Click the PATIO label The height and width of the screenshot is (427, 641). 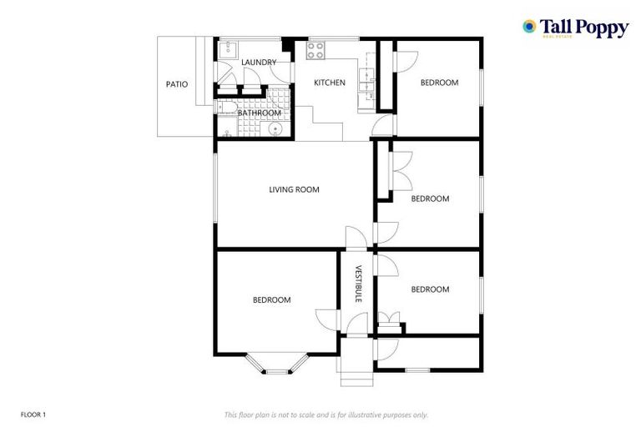(x=176, y=84)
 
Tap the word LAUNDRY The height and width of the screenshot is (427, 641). (x=259, y=63)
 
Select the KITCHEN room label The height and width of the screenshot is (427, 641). (x=329, y=83)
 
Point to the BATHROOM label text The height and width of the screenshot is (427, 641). (x=259, y=113)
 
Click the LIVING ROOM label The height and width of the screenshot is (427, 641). (x=294, y=189)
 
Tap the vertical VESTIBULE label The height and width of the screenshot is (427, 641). (x=357, y=284)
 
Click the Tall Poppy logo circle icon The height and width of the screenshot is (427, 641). (x=529, y=27)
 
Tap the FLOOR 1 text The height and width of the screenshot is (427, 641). (x=33, y=414)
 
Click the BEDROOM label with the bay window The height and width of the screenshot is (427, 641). (x=271, y=299)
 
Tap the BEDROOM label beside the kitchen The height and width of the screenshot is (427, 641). (x=439, y=83)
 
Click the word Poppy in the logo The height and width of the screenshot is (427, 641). (x=598, y=28)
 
